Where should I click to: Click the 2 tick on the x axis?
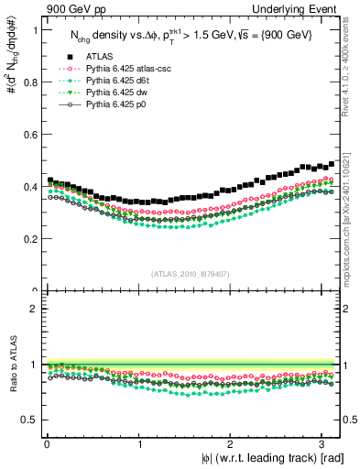click(x=232, y=443)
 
